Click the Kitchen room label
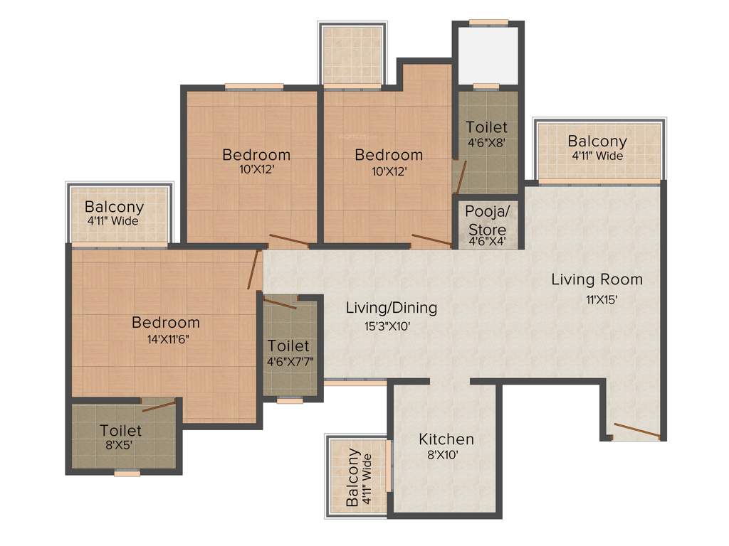pyautogui.click(x=446, y=439)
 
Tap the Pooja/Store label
pyautogui.click(x=486, y=220)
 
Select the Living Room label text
pyautogui.click(x=597, y=279)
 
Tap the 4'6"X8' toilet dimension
pyautogui.click(x=486, y=142)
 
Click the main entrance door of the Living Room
pyautogui.click(x=637, y=431)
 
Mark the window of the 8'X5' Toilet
pyautogui.click(x=127, y=472)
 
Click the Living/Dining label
pyautogui.click(x=391, y=308)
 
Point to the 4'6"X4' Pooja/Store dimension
pyautogui.click(x=486, y=242)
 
